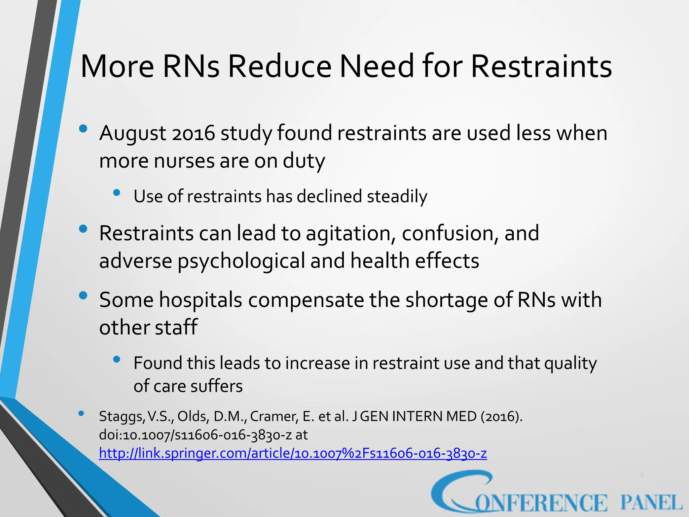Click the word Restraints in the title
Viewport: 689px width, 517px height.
[541, 66]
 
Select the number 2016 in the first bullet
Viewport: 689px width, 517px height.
[193, 133]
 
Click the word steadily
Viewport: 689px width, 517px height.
[397, 197]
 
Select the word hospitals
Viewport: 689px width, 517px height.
[201, 300]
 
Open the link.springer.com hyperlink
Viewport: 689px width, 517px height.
[293, 453]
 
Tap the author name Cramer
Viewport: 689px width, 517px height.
[274, 417]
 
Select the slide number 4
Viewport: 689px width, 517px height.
[641, 475]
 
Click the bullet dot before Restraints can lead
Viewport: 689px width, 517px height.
[83, 229]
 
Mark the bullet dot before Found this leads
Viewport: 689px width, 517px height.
[117, 359]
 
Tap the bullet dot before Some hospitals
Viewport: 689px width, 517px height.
[83, 296]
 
